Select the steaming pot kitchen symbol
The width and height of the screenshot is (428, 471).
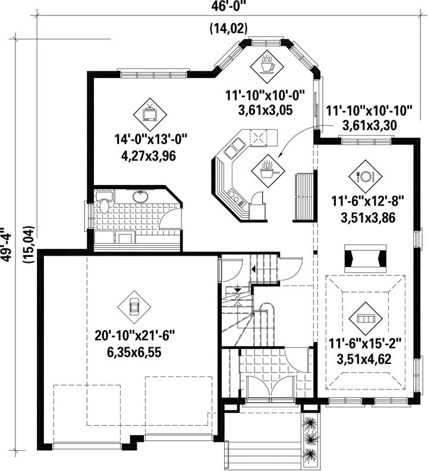pos(268,171)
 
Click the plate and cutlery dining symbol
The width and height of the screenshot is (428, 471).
pos(365,176)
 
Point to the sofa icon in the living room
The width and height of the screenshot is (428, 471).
pos(365,318)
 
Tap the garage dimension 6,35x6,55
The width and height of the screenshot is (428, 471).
pos(134,352)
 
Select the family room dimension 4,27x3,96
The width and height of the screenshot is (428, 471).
pos(149,156)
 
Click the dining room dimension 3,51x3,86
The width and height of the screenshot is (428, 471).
pos(368,218)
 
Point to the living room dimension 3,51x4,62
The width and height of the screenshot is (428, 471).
pos(364,359)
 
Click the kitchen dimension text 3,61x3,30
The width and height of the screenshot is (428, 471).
pos(369,125)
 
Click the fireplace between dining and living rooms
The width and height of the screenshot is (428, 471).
pos(365,259)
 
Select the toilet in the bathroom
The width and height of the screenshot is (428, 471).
pos(103,204)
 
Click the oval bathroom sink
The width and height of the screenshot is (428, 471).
pos(140,197)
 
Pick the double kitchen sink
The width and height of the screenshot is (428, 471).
pos(235,148)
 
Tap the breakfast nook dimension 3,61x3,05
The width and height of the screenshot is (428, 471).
pos(265,110)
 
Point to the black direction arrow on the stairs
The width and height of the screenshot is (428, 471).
pos(254,269)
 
